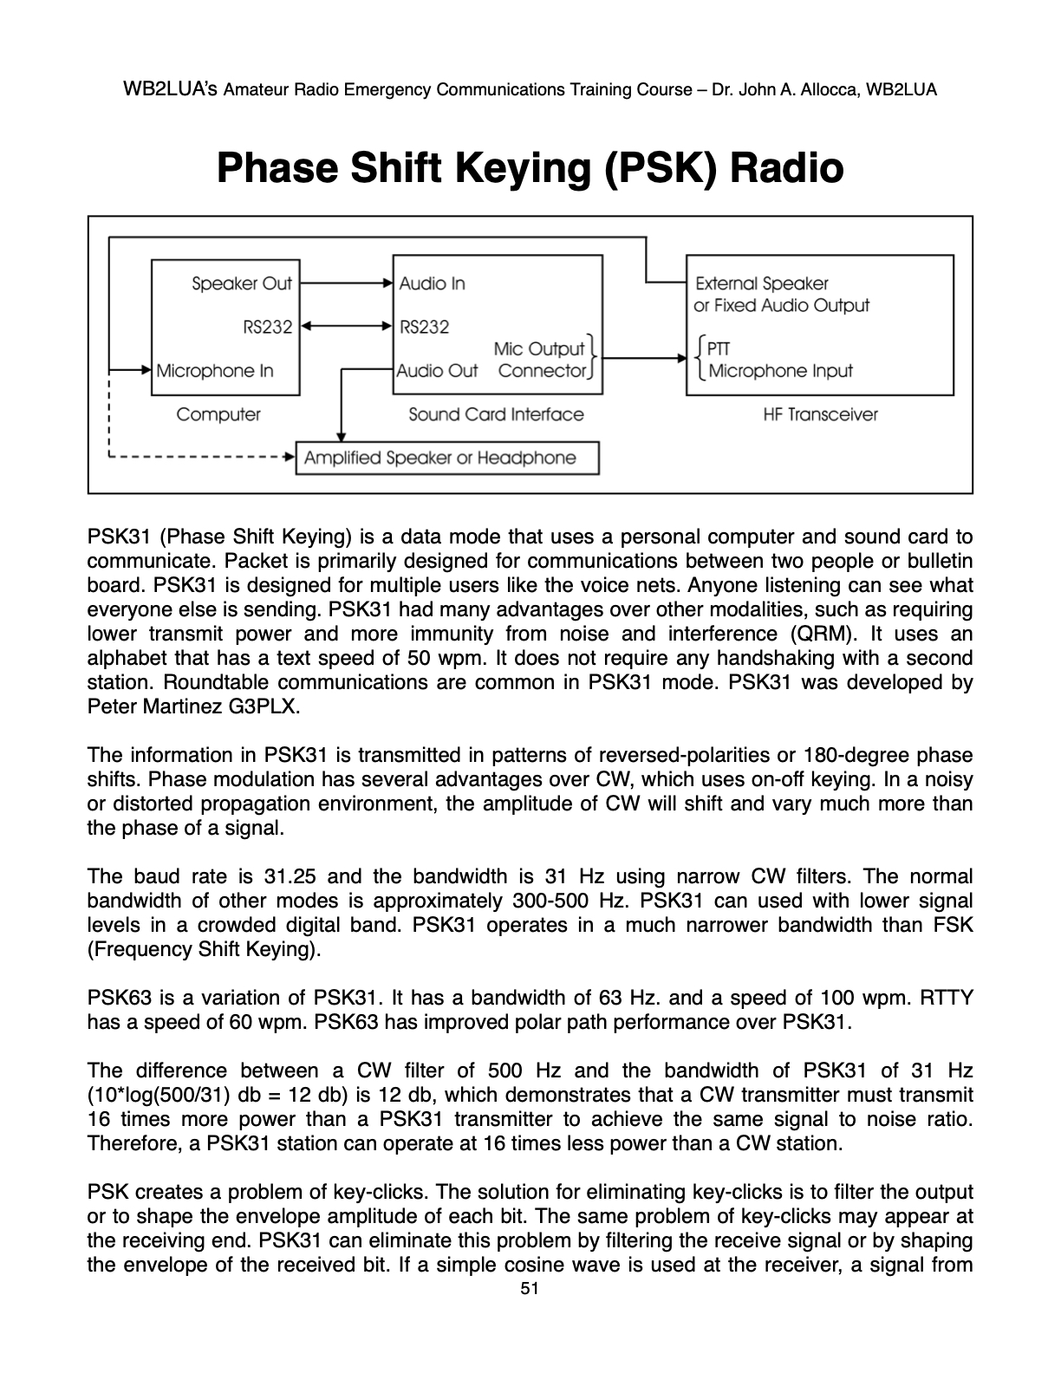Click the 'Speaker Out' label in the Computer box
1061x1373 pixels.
(x=242, y=283)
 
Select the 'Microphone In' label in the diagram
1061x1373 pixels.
(x=215, y=371)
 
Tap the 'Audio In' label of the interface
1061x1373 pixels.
(x=432, y=283)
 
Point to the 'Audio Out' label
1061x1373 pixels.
(x=437, y=371)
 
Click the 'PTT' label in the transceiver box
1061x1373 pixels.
(x=719, y=349)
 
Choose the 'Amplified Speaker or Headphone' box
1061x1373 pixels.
(x=447, y=458)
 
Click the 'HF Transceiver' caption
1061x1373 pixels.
(x=820, y=414)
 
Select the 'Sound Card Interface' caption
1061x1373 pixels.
(x=496, y=414)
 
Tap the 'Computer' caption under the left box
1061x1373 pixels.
(x=218, y=414)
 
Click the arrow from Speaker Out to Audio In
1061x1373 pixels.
(x=346, y=283)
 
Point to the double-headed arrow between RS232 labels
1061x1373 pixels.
(x=346, y=327)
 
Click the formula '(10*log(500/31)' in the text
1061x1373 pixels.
(x=158, y=1095)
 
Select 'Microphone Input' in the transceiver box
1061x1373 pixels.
(x=780, y=371)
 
